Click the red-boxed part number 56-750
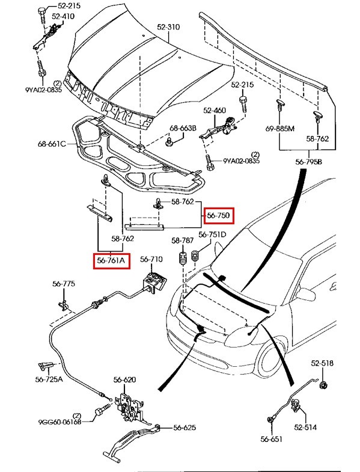[219, 215]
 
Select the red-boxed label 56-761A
[111, 261]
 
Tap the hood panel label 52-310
[168, 27]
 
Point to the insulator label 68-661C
[52, 144]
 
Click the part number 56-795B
[308, 162]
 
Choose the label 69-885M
[280, 129]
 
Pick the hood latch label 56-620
[124, 380]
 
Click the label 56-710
[151, 259]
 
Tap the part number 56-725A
[49, 379]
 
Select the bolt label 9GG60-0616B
[60, 422]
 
